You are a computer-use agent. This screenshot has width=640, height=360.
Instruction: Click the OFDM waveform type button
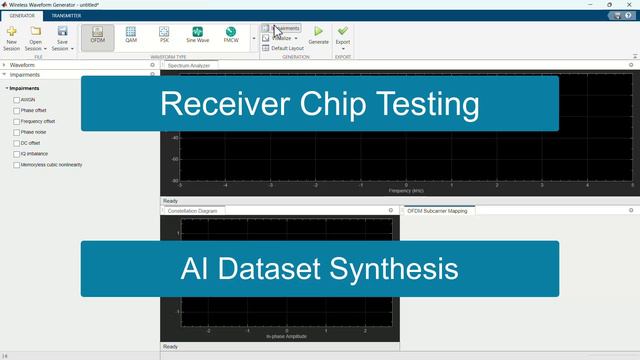coord(98,35)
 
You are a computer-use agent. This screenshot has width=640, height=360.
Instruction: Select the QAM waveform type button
coord(131,35)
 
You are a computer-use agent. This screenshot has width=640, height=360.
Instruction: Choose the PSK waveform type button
coord(164,35)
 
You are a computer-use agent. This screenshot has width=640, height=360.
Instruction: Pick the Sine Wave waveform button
coord(197,35)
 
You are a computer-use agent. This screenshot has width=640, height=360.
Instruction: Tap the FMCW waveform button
coord(231,35)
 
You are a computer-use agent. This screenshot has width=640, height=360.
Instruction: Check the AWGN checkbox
coord(17,100)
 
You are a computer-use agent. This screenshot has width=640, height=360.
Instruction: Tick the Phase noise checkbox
coord(17,132)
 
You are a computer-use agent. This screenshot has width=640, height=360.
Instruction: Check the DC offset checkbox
coord(17,143)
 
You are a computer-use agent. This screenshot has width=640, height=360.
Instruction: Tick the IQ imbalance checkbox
coord(17,154)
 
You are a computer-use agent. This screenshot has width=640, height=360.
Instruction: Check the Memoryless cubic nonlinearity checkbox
coord(17,165)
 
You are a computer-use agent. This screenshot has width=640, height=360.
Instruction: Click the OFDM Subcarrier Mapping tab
coord(439,211)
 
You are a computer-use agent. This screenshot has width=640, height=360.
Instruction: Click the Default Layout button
coord(287,48)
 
